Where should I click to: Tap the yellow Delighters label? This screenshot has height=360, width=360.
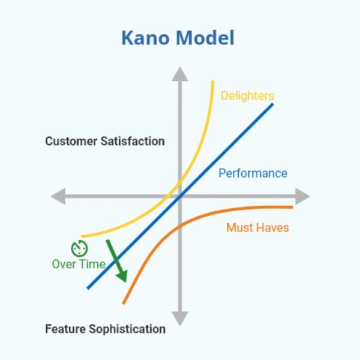pos(247,96)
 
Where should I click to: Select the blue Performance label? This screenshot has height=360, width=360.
pos(253,173)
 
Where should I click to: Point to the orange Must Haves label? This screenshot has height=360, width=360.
pos(257,228)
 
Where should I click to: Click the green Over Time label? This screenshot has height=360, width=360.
pos(79,264)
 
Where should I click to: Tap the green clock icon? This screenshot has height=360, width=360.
pos(79,248)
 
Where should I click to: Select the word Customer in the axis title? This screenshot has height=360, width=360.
pos(70,142)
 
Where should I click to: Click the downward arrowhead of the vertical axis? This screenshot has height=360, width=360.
pos(179,319)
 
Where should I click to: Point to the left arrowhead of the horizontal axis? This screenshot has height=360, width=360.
pos(58,196)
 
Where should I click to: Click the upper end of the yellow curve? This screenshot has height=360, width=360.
pos(212,82)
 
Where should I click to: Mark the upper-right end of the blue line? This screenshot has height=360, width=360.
pos(272,104)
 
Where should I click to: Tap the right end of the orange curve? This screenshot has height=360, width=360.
pos(292,207)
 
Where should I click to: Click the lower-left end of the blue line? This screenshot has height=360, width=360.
pos(88,288)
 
